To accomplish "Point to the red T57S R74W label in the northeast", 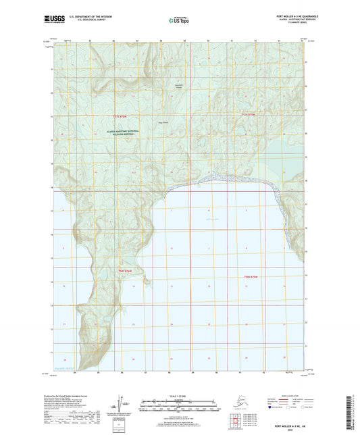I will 251,115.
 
